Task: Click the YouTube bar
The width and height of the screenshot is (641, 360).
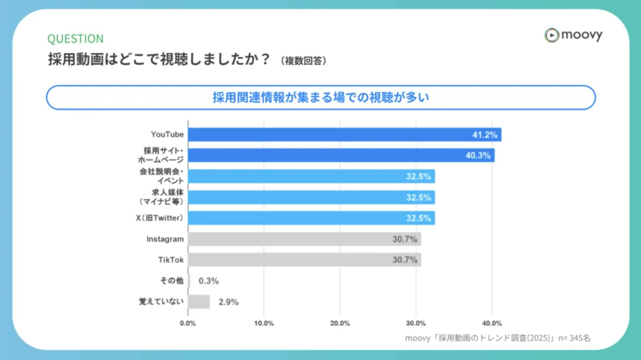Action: [344, 135]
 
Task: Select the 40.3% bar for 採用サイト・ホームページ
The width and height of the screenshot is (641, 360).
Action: [341, 155]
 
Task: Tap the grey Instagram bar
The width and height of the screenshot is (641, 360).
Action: [304, 239]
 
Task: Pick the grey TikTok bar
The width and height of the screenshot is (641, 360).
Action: [304, 259]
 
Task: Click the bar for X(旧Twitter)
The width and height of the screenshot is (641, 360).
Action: [311, 218]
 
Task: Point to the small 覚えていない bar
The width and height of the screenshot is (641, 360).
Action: [199, 302]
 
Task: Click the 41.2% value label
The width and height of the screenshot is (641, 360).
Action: [485, 135]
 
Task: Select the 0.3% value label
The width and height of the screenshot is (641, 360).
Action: [209, 281]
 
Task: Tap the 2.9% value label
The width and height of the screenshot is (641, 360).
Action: [228, 302]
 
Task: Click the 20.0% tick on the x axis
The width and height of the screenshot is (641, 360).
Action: [340, 323]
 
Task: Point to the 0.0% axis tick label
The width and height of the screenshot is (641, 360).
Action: [188, 323]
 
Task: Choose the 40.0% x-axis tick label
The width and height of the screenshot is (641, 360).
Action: [492, 323]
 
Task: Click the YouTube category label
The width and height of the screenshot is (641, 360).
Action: [167, 135]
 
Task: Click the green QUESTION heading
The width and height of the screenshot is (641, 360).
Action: [76, 39]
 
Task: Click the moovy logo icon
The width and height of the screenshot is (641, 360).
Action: [551, 35]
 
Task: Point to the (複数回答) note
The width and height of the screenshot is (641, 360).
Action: [304, 61]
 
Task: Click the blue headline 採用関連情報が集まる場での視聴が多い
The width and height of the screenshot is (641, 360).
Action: [320, 97]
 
